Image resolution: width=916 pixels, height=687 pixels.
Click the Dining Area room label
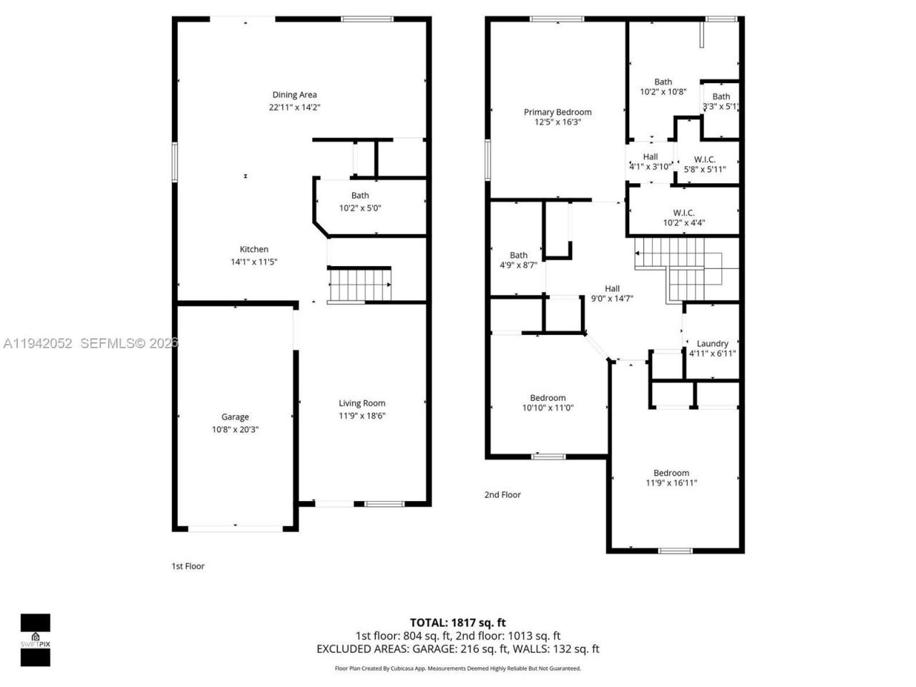pyautogui.click(x=294, y=94)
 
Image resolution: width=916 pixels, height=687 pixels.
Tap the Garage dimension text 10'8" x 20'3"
pyautogui.click(x=235, y=429)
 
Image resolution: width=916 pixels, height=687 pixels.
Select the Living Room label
pyautogui.click(x=362, y=403)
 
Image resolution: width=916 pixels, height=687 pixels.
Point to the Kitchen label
pyautogui.click(x=254, y=249)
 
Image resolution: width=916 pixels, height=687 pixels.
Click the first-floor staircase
pyautogui.click(x=360, y=285)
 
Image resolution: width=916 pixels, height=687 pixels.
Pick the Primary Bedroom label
pyautogui.click(x=557, y=112)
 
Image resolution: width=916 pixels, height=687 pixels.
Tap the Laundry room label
pyautogui.click(x=712, y=343)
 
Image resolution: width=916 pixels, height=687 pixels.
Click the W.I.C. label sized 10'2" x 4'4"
pyautogui.click(x=683, y=213)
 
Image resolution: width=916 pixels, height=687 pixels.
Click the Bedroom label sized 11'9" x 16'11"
pyautogui.click(x=671, y=472)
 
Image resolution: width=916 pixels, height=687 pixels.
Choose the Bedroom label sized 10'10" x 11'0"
pyautogui.click(x=547, y=398)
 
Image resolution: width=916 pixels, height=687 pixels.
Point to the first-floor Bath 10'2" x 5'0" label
pyautogui.click(x=360, y=195)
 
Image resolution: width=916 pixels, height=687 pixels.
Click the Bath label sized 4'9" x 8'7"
pyautogui.click(x=518, y=255)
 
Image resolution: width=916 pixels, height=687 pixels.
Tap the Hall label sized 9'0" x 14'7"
pyautogui.click(x=612, y=288)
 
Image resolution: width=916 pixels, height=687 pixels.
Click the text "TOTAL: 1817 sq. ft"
pyautogui.click(x=457, y=623)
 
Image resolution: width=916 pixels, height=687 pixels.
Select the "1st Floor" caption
pyautogui.click(x=187, y=566)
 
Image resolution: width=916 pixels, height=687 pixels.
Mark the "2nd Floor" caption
pyautogui.click(x=502, y=494)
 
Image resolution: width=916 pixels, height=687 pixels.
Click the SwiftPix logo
pyautogui.click(x=35, y=639)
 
